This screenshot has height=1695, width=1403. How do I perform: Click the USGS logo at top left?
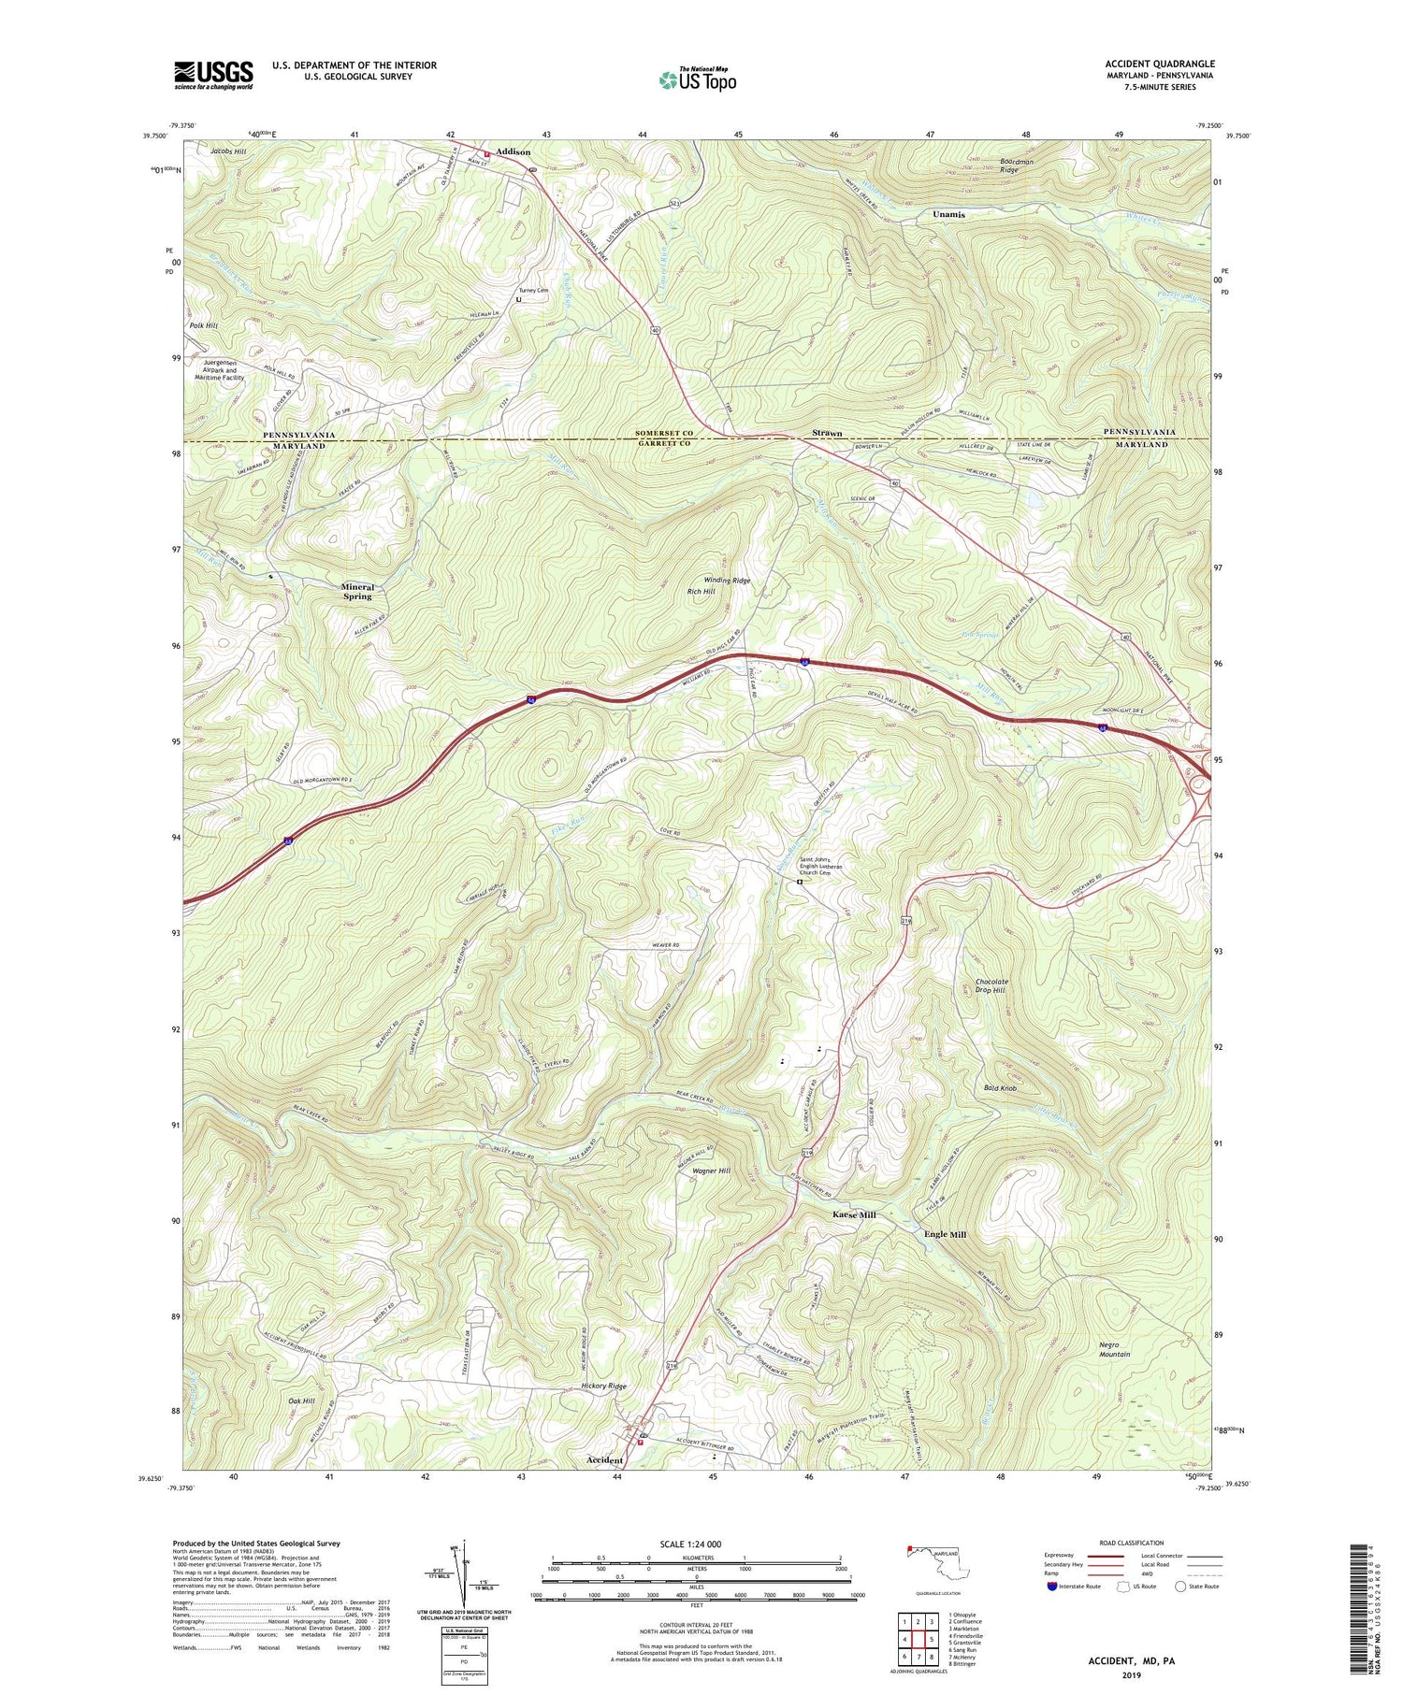pyautogui.click(x=213, y=75)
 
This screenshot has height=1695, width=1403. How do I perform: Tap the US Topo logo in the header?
pyautogui.click(x=697, y=79)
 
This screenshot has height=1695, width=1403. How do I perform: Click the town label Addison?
pyautogui.click(x=513, y=151)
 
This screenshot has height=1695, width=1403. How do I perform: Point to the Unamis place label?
pyautogui.click(x=948, y=214)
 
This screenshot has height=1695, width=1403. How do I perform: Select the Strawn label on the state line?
pyautogui.click(x=827, y=434)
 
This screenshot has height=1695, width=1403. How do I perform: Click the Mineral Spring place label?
pyautogui.click(x=356, y=591)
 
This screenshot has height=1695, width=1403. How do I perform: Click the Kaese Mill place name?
pyautogui.click(x=854, y=1214)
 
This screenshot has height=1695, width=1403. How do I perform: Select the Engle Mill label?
pyautogui.click(x=945, y=1234)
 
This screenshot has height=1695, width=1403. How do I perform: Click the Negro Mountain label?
pyautogui.click(x=1114, y=1349)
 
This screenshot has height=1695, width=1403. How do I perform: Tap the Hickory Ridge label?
pyautogui.click(x=604, y=1386)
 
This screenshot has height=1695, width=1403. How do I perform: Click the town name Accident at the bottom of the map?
pyautogui.click(x=604, y=1459)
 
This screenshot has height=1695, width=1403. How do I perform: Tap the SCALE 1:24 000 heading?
pyautogui.click(x=697, y=1544)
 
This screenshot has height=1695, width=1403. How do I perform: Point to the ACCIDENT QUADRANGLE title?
pyautogui.click(x=1160, y=64)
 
